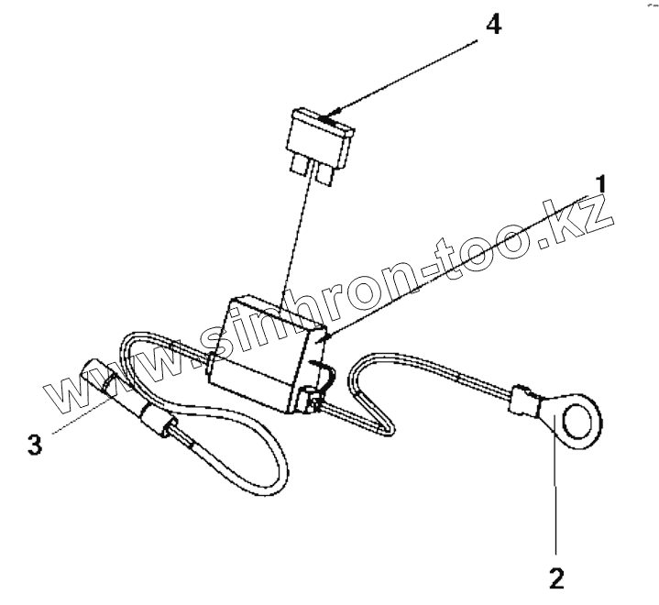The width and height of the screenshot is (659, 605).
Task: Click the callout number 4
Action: point(492,25)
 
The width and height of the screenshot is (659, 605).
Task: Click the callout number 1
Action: point(600,184)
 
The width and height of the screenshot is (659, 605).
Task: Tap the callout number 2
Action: point(555,579)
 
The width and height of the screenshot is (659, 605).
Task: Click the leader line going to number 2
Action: point(555,495)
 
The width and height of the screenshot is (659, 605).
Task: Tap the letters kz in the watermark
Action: point(577,225)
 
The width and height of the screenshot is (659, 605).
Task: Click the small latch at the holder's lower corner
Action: point(308,400)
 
